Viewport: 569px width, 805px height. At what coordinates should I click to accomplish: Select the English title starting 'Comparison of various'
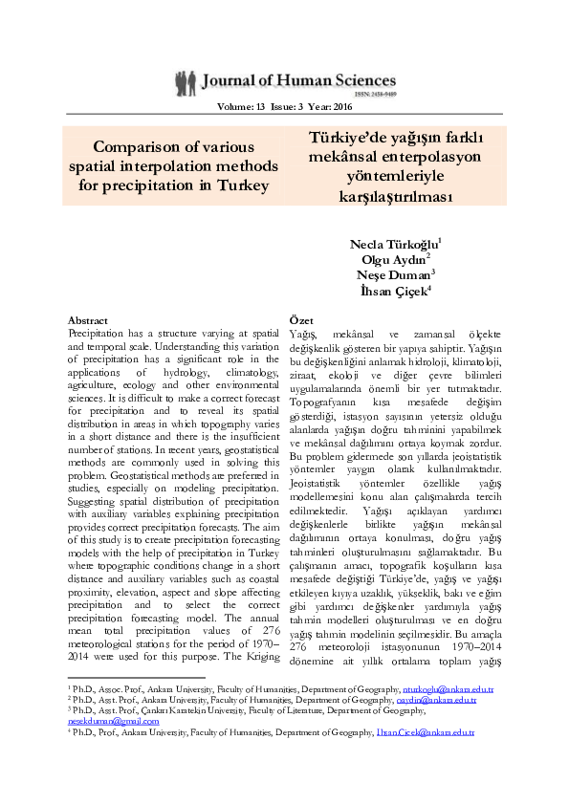[173, 165]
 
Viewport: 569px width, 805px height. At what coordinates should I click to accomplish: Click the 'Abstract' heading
[89, 319]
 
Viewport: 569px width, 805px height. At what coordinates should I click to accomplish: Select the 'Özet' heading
[301, 319]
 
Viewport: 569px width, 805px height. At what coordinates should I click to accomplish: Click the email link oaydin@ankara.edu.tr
[437, 700]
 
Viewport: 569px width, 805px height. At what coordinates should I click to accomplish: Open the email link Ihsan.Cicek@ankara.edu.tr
[437, 732]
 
